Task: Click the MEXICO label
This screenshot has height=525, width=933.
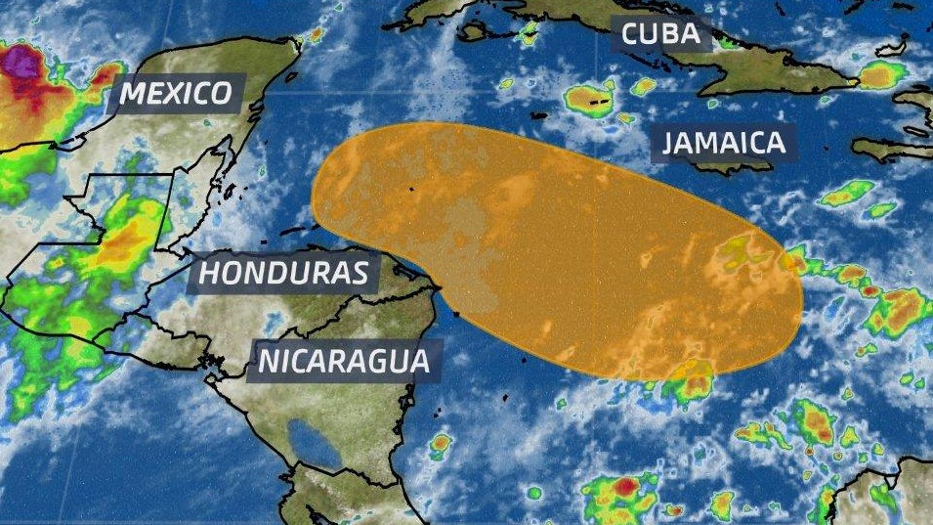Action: [176, 94]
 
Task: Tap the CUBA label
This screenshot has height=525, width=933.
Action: [661, 35]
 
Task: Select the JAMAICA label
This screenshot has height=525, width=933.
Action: [723, 143]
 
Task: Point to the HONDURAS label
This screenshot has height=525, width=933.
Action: [288, 273]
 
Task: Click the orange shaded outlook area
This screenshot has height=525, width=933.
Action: [557, 244]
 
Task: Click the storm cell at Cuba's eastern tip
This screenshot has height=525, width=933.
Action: [880, 74]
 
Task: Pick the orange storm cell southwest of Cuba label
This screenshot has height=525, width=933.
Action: [589, 99]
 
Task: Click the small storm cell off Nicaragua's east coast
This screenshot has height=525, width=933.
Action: [441, 445]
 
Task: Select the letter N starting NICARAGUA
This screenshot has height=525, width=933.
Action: [267, 361]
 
